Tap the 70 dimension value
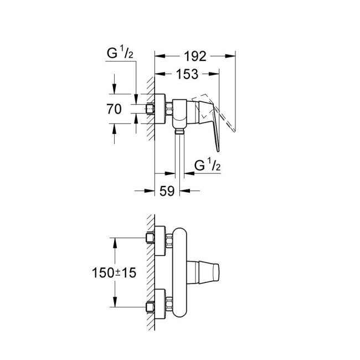(114, 110)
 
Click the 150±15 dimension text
(113, 272)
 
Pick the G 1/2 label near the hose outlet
(205, 166)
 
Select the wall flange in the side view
(161, 109)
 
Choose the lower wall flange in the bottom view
(161, 305)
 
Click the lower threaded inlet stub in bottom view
(150, 305)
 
